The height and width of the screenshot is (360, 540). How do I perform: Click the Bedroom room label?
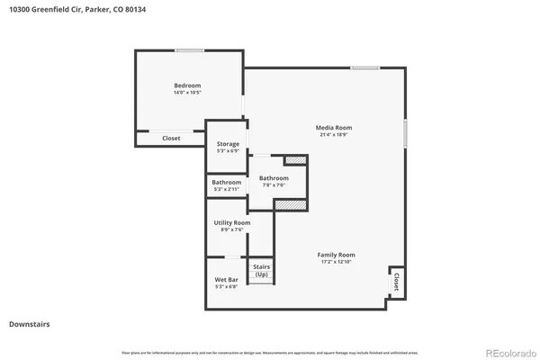click(x=187, y=85)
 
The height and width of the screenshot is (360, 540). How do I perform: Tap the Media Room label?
click(x=332, y=127)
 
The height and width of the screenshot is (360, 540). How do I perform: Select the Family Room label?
click(x=336, y=255)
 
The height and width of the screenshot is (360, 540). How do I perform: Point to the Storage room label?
click(x=228, y=144)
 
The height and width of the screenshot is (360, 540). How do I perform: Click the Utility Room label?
click(x=231, y=222)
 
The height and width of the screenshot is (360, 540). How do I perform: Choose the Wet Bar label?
click(x=226, y=280)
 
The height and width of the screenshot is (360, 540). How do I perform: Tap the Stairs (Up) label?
click(x=261, y=270)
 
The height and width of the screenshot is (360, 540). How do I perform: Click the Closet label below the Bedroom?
click(x=171, y=139)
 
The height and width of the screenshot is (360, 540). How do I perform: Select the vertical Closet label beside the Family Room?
click(x=395, y=283)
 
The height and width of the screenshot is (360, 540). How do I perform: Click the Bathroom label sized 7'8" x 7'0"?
click(x=274, y=178)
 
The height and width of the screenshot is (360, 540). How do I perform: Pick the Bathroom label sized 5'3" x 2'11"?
click(x=226, y=183)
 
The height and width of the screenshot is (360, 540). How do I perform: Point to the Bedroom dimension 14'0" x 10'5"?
click(x=187, y=93)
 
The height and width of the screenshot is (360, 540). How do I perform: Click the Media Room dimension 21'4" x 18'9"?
click(x=332, y=134)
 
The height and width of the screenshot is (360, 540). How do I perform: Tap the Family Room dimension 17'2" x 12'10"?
click(x=336, y=262)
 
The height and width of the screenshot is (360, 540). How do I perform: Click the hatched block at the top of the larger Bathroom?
click(x=295, y=161)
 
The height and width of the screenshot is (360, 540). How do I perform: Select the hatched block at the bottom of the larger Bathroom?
click(x=284, y=205)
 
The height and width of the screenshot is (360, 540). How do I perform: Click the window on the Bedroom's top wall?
click(x=188, y=50)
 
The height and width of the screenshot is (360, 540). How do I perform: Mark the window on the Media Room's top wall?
click(x=364, y=68)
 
